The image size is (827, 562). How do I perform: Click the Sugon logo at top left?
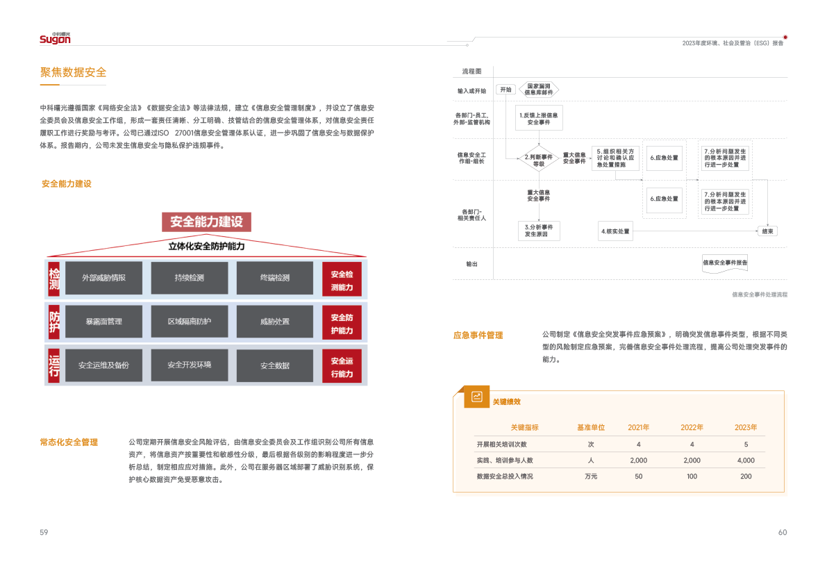point(55,39)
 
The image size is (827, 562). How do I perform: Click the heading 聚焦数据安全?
point(73,72)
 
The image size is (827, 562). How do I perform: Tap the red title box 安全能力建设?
point(206,222)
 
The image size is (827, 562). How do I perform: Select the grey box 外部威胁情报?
point(103,278)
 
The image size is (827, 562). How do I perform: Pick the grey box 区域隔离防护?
point(189,322)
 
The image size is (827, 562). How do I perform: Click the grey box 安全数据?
point(275,365)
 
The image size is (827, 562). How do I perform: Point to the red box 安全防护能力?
point(342,322)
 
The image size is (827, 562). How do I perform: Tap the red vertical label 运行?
point(54,365)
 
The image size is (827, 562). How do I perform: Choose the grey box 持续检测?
point(189,278)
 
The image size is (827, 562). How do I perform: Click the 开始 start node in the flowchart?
point(505,90)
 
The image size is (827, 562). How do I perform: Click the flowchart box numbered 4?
point(616,231)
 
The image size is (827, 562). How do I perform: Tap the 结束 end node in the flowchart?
point(768,231)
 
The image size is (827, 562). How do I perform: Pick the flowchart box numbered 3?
point(540,231)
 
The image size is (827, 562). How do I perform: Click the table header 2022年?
point(692,427)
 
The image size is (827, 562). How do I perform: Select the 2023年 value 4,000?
point(746,461)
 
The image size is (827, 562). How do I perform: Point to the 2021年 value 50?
point(638,477)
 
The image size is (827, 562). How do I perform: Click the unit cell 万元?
point(591,477)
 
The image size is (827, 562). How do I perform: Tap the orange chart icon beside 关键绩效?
point(477,397)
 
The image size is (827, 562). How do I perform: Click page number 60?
point(783,533)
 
